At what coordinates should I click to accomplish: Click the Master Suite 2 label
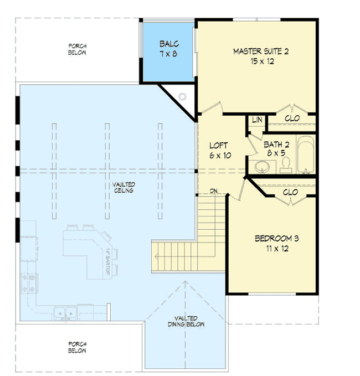pos(260,52)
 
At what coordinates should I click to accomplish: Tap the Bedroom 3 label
pos(276,239)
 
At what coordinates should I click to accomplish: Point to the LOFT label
pos(219,146)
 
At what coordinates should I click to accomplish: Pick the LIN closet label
pos(257,120)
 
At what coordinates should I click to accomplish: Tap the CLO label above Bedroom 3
pos(290,192)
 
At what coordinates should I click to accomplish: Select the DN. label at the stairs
pos(215,192)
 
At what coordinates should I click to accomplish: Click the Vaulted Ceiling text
pos(125,187)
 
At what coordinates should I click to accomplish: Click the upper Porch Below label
pos(78,49)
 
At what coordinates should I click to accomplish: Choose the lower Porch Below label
pos(78,347)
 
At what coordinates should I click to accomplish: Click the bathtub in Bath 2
pos(305,156)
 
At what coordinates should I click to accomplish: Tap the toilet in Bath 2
pos(286,165)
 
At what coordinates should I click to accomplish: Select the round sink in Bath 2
pos(260,166)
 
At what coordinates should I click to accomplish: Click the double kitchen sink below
pos(65,314)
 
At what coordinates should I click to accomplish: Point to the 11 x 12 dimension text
pos(276,249)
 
